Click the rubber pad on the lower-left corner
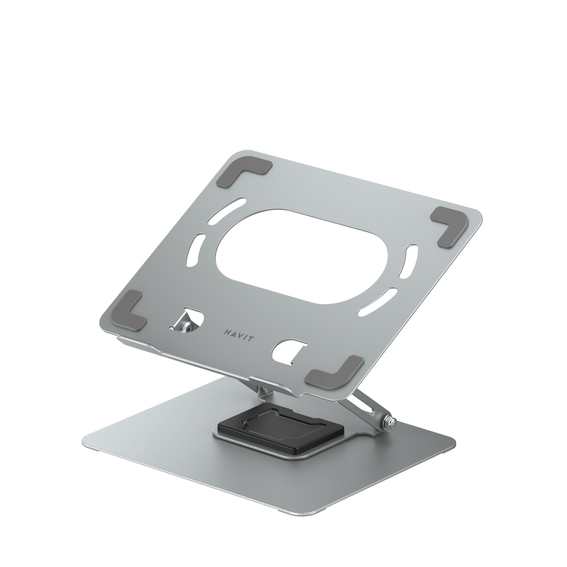(132, 311)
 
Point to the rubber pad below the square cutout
(336, 370)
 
